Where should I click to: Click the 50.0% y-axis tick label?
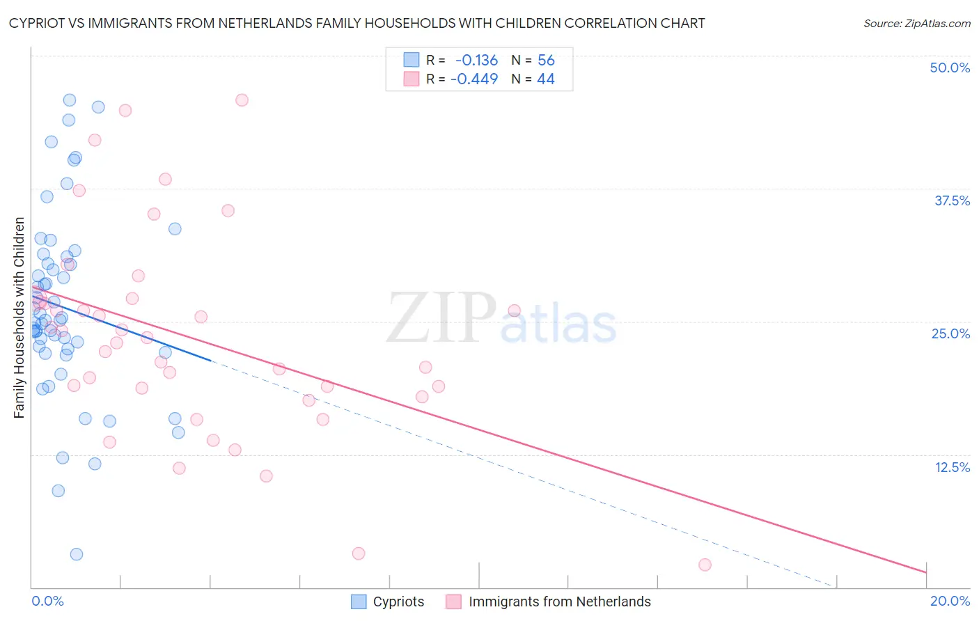tap(950, 68)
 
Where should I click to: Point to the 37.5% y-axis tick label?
tap(952, 201)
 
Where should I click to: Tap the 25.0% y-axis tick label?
tap(950, 333)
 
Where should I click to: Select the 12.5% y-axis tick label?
tap(952, 467)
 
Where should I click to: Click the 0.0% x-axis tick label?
tap(47, 602)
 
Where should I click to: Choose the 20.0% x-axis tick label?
tap(950, 602)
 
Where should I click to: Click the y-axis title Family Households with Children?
tap(19, 317)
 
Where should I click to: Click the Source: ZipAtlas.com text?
tap(916, 24)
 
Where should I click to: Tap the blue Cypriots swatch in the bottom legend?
tap(359, 602)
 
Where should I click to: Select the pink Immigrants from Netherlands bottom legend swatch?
tap(454, 602)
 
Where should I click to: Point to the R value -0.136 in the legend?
tap(476, 61)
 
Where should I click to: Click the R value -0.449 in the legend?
tap(474, 79)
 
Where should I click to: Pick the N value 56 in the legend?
tap(546, 61)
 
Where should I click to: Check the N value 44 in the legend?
tap(546, 79)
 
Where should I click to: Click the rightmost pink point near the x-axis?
tap(705, 565)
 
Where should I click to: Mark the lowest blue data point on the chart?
tap(77, 554)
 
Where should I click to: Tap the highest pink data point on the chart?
tap(242, 100)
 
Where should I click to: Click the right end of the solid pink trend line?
tap(926, 572)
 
